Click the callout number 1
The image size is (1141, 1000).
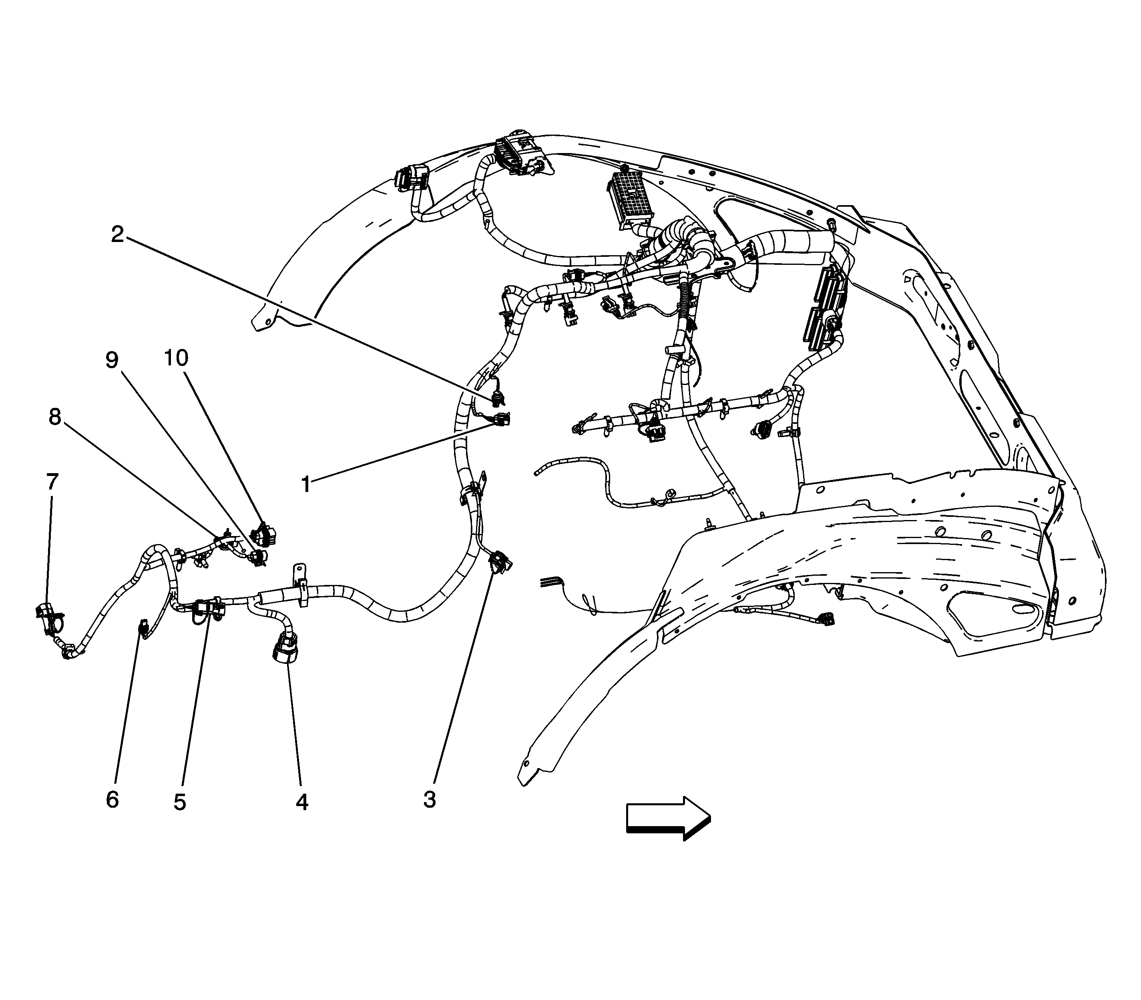tap(305, 484)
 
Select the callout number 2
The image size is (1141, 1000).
tap(117, 234)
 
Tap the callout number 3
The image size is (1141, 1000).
tap(430, 800)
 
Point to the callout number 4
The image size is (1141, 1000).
tap(302, 802)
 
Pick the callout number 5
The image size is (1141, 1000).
tap(180, 802)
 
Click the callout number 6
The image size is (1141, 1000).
tap(112, 800)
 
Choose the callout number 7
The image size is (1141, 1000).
tap(52, 482)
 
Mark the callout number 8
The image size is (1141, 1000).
tap(55, 416)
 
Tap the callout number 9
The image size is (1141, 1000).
tap(112, 360)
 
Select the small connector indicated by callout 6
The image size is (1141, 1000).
tap(143, 629)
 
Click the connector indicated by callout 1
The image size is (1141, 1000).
tap(501, 419)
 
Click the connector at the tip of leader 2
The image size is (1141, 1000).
tap(498, 397)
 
